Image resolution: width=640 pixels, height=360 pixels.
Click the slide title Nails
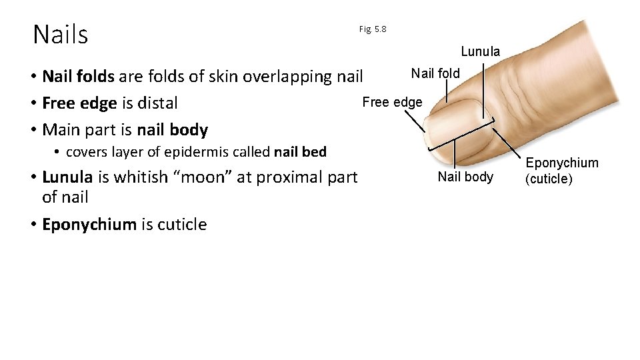pyautogui.click(x=60, y=35)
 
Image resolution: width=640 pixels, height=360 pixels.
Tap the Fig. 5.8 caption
pyautogui.click(x=372, y=29)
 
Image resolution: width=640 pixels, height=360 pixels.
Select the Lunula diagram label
pyautogui.click(x=480, y=51)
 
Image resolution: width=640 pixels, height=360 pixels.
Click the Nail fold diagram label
pyautogui.click(x=435, y=73)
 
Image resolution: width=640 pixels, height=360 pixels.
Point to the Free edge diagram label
pyautogui.click(x=392, y=102)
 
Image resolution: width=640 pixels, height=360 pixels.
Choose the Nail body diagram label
pyautogui.click(x=465, y=177)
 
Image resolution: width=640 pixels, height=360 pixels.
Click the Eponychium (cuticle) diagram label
pyautogui.click(x=562, y=171)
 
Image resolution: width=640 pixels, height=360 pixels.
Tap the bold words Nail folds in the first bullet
pyautogui.click(x=78, y=77)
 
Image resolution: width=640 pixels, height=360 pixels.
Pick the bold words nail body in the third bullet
pyautogui.click(x=172, y=130)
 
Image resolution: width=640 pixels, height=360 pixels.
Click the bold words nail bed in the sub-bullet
pyautogui.click(x=300, y=152)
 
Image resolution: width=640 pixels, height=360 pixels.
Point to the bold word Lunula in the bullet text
pyautogui.click(x=67, y=177)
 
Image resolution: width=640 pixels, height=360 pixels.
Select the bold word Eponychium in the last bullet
pyautogui.click(x=89, y=225)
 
